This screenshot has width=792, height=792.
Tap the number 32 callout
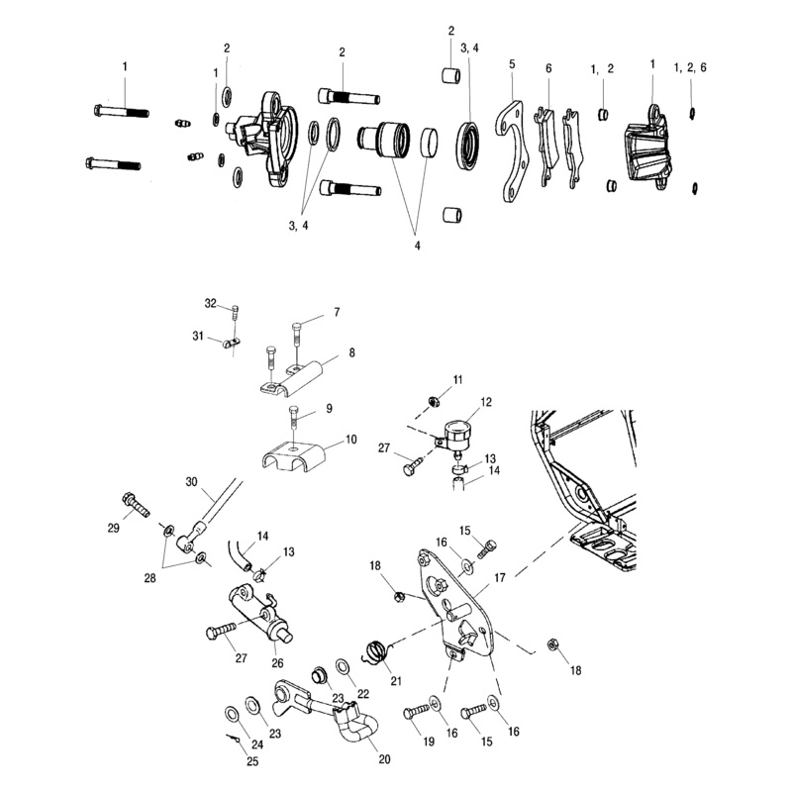coord(210,302)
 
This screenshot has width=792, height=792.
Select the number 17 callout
coord(499,575)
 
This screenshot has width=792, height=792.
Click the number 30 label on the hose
coord(191,482)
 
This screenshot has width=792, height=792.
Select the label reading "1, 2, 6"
coord(690,67)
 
